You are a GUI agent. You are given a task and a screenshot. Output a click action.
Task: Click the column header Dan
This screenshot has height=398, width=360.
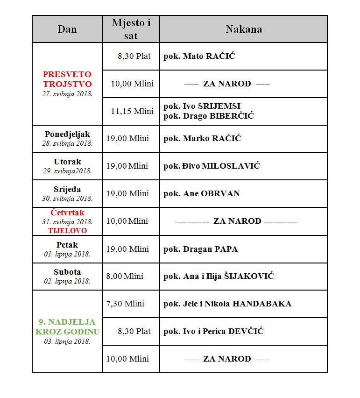tap(67, 29)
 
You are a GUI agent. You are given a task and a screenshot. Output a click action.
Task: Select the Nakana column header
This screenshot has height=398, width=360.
tap(243, 29)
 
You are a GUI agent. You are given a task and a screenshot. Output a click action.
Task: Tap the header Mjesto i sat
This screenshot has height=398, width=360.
tap(131, 28)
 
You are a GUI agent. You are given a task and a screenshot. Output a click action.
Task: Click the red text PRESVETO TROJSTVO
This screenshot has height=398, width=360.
tap(67, 79)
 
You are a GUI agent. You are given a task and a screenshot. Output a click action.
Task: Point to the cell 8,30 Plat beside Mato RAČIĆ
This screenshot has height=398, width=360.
tap(134, 56)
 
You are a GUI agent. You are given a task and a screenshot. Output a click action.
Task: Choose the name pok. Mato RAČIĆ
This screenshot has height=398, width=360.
tap(199, 57)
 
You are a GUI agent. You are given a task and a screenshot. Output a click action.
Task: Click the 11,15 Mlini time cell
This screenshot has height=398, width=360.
tap(132, 111)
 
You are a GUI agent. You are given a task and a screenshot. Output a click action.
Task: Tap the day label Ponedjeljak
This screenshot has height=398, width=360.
tap(67, 135)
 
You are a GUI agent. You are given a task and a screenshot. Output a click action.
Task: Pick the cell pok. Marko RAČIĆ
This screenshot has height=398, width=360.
tap(202, 139)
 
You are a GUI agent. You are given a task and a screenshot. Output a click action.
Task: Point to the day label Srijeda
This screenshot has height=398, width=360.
tap(67, 189)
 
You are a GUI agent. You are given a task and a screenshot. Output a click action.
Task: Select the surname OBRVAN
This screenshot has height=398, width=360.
tap(220, 193)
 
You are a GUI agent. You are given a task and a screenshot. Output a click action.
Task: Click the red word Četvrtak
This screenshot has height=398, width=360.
tap(67, 213)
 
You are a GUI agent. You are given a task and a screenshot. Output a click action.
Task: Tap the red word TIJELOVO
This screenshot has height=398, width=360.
tap(67, 230)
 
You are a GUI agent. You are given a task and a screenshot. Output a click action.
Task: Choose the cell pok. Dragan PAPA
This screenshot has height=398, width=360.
tap(200, 249)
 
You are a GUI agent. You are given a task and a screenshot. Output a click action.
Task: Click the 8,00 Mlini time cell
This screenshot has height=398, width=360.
tap(125, 276)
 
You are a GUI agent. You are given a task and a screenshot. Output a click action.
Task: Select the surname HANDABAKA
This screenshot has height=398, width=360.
tap(262, 304)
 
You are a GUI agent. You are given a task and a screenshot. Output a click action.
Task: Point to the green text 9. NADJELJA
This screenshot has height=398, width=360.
tap(67, 322)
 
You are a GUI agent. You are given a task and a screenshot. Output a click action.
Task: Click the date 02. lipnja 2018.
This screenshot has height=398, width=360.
tap(67, 281)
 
